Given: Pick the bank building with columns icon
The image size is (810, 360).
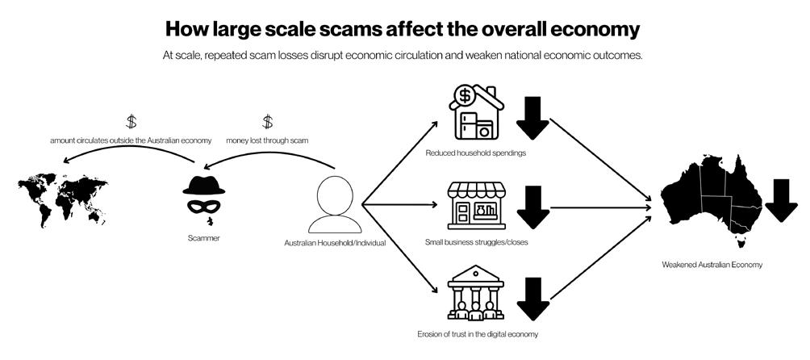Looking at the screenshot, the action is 476,296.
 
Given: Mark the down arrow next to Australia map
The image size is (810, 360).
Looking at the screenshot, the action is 781,201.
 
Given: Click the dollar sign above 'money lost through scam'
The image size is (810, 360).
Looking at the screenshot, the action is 268,123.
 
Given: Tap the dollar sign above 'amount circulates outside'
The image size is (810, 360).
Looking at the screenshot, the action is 132,123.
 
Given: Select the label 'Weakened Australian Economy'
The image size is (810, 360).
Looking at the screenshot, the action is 712,264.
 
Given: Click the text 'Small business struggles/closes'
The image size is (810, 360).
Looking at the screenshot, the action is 477,241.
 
